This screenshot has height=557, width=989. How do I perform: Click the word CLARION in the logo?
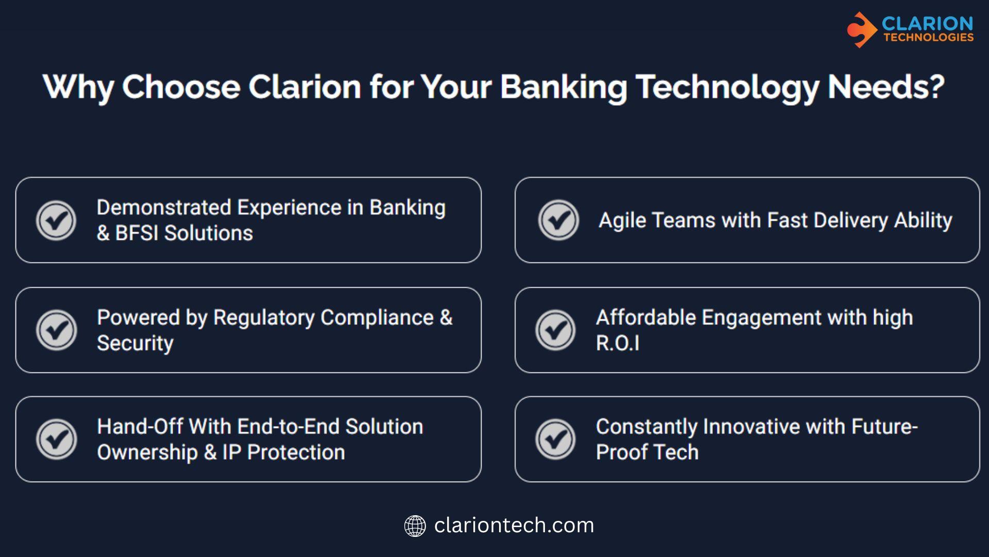pos(927,23)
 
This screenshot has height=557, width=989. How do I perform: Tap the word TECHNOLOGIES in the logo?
pos(928,37)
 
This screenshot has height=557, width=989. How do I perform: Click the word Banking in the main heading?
pos(564,87)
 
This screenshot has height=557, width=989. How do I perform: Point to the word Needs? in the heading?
pos(886,86)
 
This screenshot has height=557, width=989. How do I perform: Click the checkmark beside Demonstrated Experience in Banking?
pos(56,220)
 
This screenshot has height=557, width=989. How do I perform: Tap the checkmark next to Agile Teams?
pos(558,220)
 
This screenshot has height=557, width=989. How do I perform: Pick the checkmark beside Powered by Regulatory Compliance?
pos(56,330)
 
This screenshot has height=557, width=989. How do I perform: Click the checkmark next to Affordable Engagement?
pos(555,330)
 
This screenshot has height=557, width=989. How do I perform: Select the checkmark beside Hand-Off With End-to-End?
pos(56,439)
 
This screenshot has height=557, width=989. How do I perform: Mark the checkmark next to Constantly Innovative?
pos(555,439)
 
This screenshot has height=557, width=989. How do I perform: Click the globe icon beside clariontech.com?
pos(415,526)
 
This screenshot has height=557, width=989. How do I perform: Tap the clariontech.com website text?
pos(514,526)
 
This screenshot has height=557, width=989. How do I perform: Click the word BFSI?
pos(137,233)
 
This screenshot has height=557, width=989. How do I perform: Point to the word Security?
pos(135,343)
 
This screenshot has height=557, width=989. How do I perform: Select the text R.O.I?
pos(618,343)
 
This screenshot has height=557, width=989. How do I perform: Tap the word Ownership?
pos(147,453)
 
